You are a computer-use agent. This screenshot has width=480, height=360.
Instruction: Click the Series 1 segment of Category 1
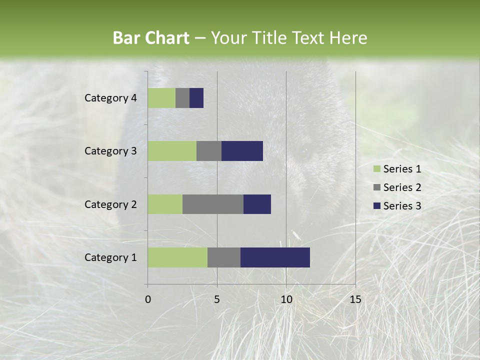click(x=177, y=257)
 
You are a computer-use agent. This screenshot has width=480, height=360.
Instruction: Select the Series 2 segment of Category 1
click(x=224, y=257)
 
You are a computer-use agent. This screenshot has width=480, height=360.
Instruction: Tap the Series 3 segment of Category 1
click(x=275, y=257)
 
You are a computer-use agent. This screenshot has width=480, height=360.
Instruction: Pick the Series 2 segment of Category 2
click(x=213, y=204)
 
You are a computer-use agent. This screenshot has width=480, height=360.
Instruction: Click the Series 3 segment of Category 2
click(x=257, y=204)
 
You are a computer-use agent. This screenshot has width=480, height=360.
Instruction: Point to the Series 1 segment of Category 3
click(x=172, y=151)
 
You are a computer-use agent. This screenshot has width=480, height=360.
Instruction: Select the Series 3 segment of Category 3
click(x=242, y=151)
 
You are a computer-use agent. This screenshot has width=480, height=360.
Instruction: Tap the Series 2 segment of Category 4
click(x=182, y=98)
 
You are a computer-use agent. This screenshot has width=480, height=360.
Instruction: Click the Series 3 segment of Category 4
click(x=196, y=98)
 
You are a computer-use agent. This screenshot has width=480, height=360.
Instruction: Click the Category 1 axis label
click(x=110, y=257)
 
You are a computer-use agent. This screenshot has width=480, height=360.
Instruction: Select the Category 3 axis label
click(x=110, y=151)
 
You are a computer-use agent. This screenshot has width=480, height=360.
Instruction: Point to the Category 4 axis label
click(x=110, y=98)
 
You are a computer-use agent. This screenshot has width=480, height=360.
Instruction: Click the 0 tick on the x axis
click(x=148, y=299)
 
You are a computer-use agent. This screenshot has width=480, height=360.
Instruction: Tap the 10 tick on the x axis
click(x=286, y=299)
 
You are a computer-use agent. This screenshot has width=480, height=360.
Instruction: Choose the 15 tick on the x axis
click(x=355, y=299)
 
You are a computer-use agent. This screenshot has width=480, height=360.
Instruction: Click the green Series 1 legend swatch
click(x=377, y=169)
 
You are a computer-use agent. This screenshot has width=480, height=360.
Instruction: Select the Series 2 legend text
click(x=402, y=187)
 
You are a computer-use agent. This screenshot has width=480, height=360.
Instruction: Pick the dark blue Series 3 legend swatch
click(x=377, y=206)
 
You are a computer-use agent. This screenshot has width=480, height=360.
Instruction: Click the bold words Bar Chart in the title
click(x=151, y=38)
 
